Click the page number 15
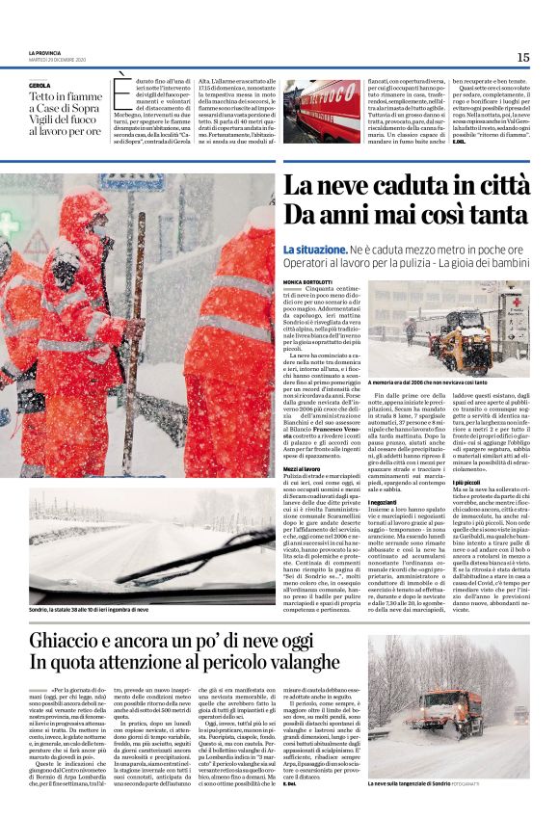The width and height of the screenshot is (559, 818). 522,57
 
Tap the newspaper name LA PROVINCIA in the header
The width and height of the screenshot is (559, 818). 45,53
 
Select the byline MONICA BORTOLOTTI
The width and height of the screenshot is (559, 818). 306,281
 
